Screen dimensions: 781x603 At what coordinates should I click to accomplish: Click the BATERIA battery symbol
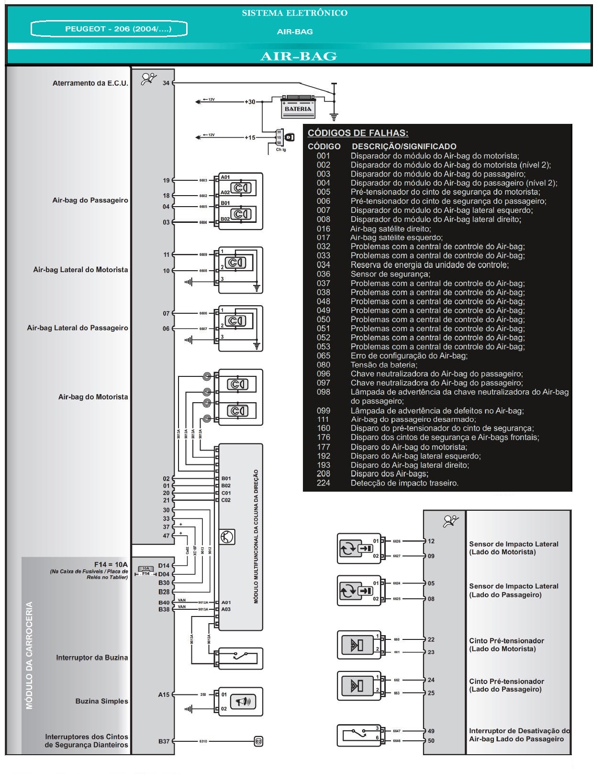(x=298, y=106)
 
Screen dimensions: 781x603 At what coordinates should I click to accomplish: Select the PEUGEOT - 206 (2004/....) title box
(x=109, y=29)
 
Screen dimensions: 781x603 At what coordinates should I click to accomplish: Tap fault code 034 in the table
(x=324, y=265)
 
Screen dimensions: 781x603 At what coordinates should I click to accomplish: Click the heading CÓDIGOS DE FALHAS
(x=357, y=133)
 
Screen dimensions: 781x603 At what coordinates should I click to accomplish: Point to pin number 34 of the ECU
(x=166, y=83)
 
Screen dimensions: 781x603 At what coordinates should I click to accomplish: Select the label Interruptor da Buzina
(x=92, y=658)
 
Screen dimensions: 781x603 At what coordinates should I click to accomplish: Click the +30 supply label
(x=250, y=102)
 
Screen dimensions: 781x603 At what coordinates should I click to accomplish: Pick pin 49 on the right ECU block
(x=431, y=731)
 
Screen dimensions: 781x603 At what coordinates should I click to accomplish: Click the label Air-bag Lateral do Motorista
(x=80, y=270)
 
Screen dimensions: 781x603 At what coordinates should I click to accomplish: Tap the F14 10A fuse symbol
(x=146, y=571)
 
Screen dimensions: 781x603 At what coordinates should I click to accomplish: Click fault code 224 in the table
(x=324, y=483)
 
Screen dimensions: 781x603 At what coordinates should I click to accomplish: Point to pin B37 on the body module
(x=164, y=741)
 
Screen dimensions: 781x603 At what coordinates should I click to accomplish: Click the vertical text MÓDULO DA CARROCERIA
(x=30, y=655)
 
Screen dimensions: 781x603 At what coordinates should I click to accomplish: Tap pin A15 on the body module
(x=164, y=694)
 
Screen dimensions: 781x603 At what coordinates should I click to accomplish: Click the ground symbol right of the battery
(x=334, y=116)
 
